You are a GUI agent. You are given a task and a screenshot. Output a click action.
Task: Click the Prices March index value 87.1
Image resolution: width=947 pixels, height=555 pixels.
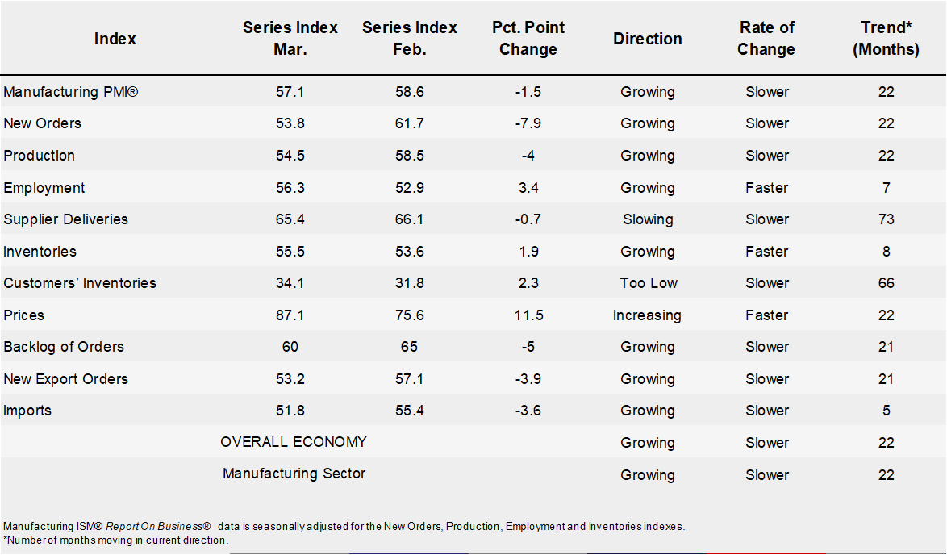click(x=290, y=315)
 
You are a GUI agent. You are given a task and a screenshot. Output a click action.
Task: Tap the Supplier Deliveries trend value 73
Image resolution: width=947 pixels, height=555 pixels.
click(x=887, y=219)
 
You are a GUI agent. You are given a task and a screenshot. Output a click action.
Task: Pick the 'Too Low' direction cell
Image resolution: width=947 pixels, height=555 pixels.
click(x=648, y=283)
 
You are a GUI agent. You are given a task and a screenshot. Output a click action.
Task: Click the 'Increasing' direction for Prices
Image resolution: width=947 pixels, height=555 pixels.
click(x=648, y=315)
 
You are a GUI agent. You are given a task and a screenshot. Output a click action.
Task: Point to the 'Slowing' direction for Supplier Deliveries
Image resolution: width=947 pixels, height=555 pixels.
click(x=648, y=219)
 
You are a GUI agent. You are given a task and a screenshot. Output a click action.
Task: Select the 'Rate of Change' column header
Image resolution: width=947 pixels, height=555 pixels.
click(x=766, y=39)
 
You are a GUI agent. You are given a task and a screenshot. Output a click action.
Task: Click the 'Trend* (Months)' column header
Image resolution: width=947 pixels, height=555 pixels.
click(x=887, y=39)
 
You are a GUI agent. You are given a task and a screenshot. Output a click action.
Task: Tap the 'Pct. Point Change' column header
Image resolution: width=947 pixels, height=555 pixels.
click(x=528, y=39)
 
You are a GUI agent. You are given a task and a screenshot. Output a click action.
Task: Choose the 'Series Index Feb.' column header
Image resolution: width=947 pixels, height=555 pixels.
click(x=410, y=39)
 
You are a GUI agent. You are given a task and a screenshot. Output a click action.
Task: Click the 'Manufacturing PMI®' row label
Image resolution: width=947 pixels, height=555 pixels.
click(x=71, y=92)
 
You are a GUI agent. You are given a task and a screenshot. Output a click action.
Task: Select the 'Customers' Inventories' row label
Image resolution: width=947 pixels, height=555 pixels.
click(x=80, y=283)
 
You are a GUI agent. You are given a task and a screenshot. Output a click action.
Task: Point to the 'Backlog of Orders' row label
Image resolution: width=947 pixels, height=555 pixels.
click(x=64, y=347)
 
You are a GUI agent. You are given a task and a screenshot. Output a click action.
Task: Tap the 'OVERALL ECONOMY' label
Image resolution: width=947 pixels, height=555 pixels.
click(x=294, y=442)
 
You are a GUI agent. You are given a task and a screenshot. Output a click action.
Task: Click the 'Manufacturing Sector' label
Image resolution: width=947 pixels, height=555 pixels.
click(x=294, y=474)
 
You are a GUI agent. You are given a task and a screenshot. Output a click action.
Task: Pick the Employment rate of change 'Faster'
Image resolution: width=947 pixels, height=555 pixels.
click(x=766, y=188)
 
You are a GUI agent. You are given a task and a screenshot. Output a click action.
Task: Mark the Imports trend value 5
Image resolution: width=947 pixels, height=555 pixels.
click(x=887, y=411)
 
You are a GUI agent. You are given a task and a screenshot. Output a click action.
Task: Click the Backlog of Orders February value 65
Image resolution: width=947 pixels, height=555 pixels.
click(x=409, y=347)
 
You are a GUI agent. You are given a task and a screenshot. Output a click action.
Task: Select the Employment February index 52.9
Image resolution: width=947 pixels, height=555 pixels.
click(x=409, y=188)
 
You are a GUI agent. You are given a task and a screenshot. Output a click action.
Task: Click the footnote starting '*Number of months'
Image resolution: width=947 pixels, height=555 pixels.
click(x=116, y=540)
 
